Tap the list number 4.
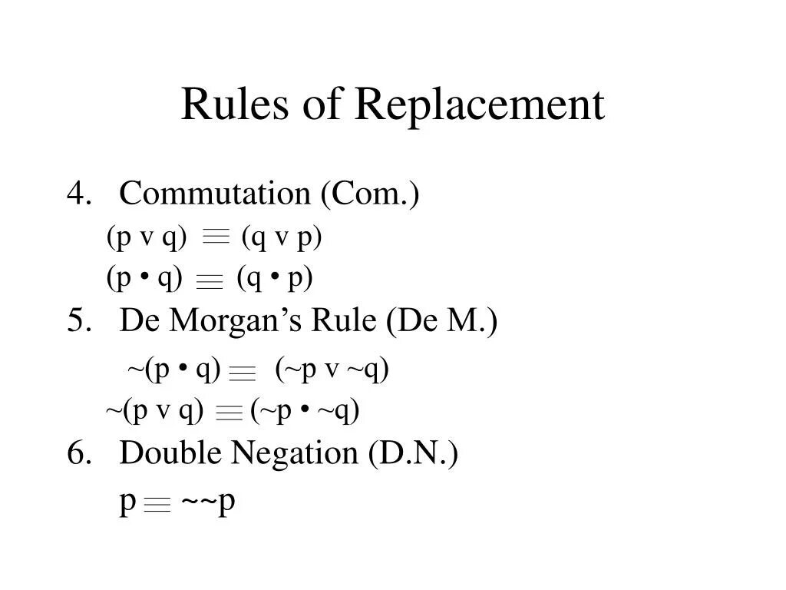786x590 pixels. point(76,194)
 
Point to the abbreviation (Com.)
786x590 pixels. point(371,194)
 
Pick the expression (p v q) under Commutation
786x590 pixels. point(147,238)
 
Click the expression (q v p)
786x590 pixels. point(282,238)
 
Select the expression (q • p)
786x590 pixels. point(275,278)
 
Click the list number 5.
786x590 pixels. point(76,320)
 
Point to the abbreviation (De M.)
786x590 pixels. point(442,320)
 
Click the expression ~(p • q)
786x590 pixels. point(174,370)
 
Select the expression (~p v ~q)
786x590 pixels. point(332,370)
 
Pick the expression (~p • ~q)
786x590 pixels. point(305,412)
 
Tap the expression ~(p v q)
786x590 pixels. point(154,412)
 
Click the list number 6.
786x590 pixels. point(76,453)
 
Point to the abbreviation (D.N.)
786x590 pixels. point(413,453)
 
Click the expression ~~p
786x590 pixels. point(208,503)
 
